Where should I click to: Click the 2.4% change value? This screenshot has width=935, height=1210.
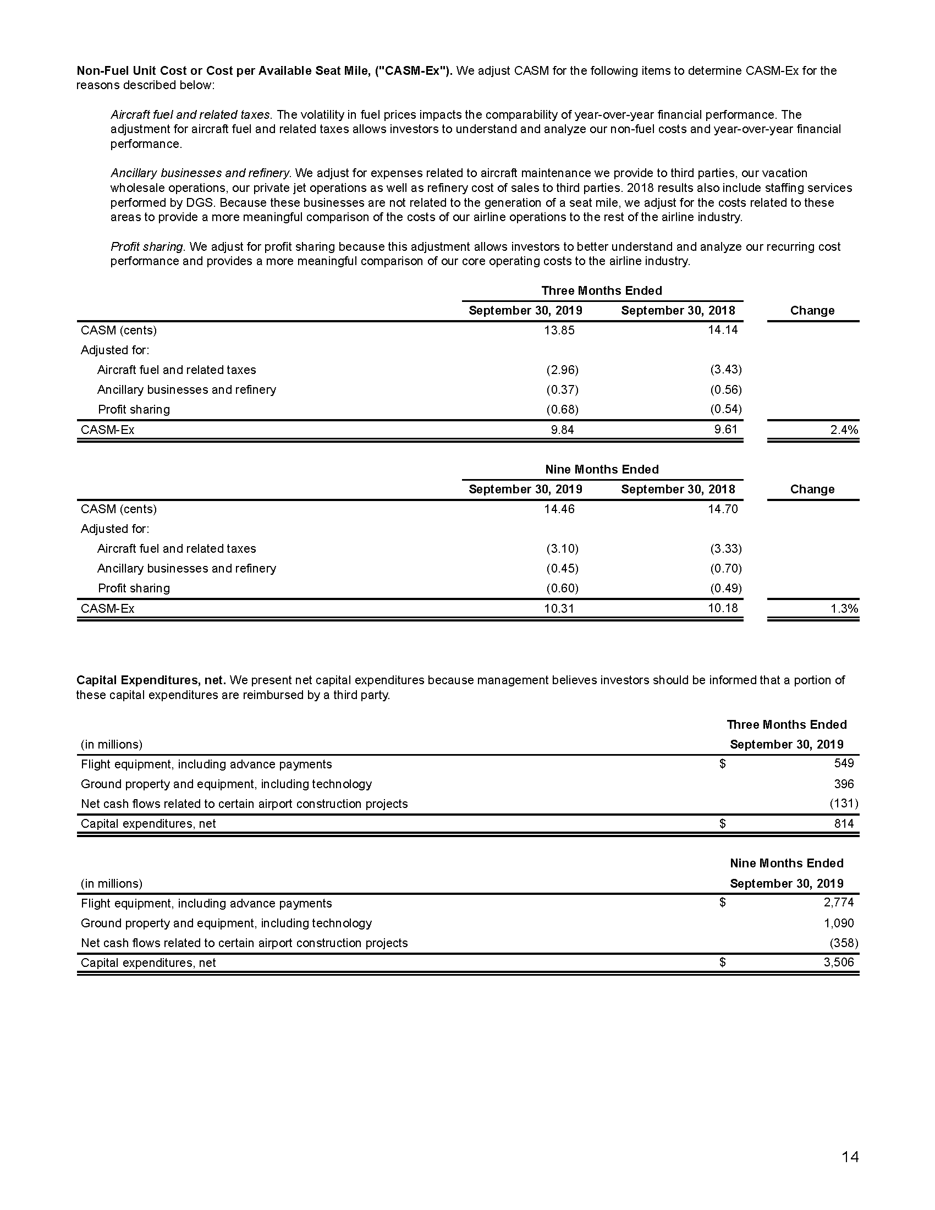tap(844, 430)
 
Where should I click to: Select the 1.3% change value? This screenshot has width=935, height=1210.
tap(844, 608)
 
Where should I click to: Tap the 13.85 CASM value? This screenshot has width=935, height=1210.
tap(559, 330)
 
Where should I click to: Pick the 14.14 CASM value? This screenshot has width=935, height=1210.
tap(723, 330)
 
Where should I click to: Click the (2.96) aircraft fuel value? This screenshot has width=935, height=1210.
tap(562, 370)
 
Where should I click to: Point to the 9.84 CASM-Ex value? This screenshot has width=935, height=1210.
tap(562, 430)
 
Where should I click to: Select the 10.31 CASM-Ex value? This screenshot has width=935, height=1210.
tap(559, 608)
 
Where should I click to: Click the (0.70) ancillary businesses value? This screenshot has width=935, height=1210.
tap(725, 569)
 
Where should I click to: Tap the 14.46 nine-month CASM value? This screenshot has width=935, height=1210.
tap(559, 509)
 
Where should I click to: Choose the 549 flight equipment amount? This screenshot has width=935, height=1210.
tap(844, 763)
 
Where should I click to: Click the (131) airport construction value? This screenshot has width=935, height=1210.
tap(844, 804)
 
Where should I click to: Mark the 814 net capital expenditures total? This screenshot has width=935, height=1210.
tap(844, 823)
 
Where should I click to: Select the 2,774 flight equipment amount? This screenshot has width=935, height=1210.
tap(839, 903)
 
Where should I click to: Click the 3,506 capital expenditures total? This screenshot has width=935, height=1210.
tap(839, 963)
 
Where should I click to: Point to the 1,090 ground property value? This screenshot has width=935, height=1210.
tap(839, 923)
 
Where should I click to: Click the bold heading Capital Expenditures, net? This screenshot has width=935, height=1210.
tap(151, 680)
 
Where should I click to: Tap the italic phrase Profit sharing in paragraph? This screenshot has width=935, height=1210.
tap(147, 246)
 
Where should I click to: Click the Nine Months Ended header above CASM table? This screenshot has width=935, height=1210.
tap(602, 469)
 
